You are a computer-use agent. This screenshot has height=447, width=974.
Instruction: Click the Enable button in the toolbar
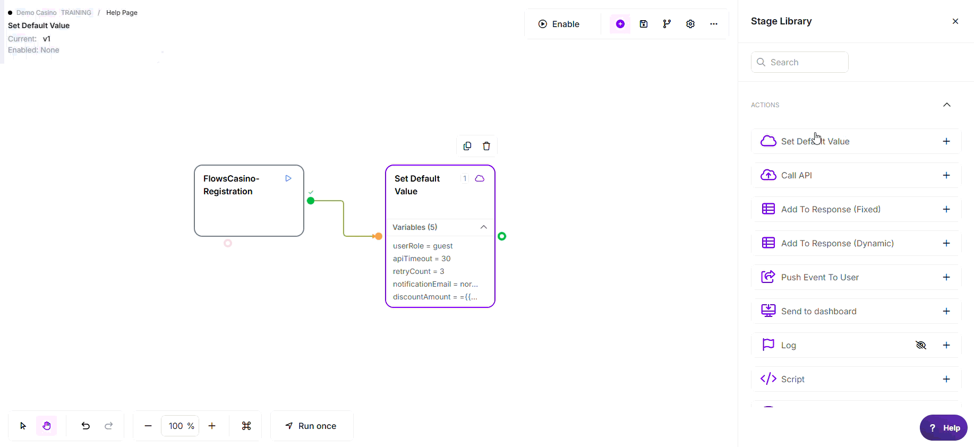[559, 24]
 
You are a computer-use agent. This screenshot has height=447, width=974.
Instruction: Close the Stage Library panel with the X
[955, 21]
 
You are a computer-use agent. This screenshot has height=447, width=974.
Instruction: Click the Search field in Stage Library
[800, 62]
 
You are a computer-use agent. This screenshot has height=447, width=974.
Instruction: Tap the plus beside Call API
[946, 175]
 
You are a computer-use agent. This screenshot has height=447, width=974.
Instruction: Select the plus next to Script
[946, 379]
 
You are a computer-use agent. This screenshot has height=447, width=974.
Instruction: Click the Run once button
[312, 426]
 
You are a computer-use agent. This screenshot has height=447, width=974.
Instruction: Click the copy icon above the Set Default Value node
[467, 146]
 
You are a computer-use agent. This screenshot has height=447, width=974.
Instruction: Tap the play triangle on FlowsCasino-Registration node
[288, 178]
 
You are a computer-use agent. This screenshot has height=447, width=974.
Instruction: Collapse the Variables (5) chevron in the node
[484, 227]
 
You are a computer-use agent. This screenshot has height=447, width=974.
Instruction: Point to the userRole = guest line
[423, 246]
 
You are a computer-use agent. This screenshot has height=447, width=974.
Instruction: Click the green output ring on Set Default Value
[502, 236]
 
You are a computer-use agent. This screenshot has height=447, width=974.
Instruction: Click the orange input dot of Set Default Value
[379, 236]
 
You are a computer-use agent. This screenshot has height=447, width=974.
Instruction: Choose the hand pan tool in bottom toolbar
[47, 426]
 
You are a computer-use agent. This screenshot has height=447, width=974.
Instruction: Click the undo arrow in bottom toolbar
[86, 426]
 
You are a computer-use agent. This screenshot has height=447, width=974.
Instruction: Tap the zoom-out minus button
[148, 426]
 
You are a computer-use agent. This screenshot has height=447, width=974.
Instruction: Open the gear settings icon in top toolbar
[690, 24]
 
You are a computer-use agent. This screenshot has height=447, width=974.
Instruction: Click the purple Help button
[944, 428]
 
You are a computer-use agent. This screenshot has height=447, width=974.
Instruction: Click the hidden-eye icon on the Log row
[921, 345]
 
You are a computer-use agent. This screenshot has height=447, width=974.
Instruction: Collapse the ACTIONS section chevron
[947, 105]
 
